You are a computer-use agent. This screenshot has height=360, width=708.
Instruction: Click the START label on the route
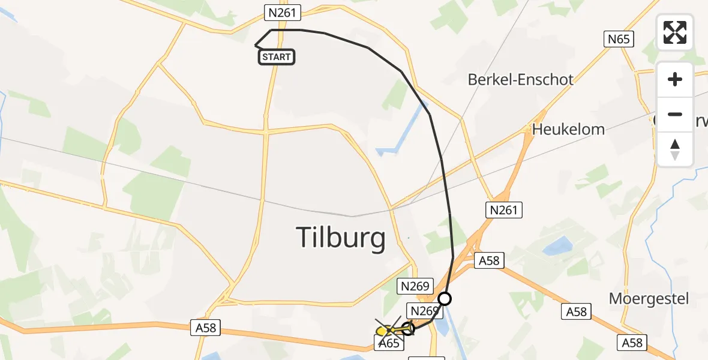(277, 57)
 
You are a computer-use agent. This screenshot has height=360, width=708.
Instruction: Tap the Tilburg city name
(341, 238)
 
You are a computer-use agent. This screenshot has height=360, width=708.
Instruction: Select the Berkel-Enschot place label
(520, 79)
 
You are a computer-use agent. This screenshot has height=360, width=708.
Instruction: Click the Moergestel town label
(649, 298)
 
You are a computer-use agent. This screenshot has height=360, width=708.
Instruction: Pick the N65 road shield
(619, 39)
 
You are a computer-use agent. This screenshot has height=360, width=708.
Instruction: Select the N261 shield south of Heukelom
(503, 209)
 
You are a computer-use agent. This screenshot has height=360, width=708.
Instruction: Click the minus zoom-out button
(675, 114)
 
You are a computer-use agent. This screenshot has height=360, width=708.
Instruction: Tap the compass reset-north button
(675, 149)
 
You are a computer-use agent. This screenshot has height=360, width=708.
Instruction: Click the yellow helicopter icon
(384, 331)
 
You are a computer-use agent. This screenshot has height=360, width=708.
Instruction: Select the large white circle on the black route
(445, 298)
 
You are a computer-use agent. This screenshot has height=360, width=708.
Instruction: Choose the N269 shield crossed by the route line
(423, 310)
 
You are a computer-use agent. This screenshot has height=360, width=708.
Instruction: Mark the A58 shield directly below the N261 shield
(489, 260)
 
